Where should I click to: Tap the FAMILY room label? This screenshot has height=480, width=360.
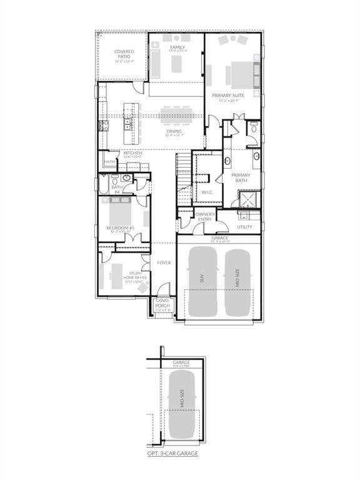pyautogui.click(x=177, y=47)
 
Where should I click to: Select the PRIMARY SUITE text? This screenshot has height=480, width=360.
pyautogui.click(x=232, y=95)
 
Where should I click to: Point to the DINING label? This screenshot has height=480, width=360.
pyautogui.click(x=174, y=131)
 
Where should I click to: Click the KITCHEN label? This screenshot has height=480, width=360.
pyautogui.click(x=132, y=153)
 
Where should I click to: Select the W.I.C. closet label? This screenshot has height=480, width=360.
pyautogui.click(x=207, y=192)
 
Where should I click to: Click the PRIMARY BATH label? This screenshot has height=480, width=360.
pyautogui.click(x=241, y=177)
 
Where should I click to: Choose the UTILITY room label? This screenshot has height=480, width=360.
pyautogui.click(x=244, y=227)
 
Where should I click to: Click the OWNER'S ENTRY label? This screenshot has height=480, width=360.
pyautogui.click(x=206, y=217)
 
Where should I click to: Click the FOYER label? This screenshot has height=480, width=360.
pyautogui.click(x=164, y=262)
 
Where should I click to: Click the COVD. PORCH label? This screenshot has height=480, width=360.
pyautogui.click(x=162, y=303)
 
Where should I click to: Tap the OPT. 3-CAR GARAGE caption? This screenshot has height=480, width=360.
pyautogui.click(x=173, y=453)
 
